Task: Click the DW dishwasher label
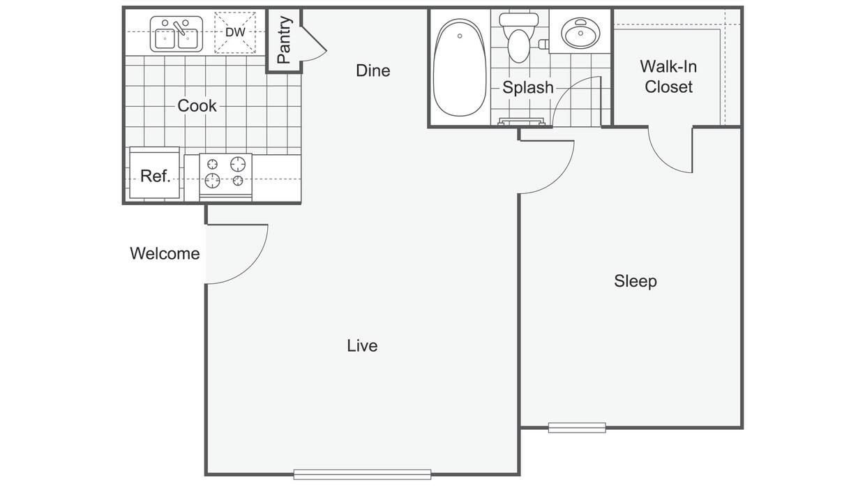tap(235, 32)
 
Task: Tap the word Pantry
tap(284, 40)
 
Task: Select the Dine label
tap(373, 70)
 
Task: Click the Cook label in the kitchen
tap(197, 106)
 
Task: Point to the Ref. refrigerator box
tap(154, 173)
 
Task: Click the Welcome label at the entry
tap(165, 254)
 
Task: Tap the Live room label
tap(362, 345)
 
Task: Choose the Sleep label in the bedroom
tap(635, 281)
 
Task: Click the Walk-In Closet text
tap(668, 77)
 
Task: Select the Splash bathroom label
tap(528, 88)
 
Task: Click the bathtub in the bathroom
tap(460, 67)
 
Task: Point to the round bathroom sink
tap(580, 32)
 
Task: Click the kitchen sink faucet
tap(179, 28)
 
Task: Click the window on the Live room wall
tap(362, 474)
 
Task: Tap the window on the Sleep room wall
tap(577, 428)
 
